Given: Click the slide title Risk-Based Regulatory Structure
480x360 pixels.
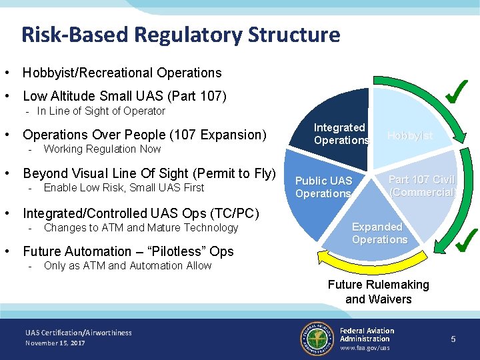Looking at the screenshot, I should tap(181, 34).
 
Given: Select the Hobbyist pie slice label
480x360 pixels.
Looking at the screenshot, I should tap(410, 135).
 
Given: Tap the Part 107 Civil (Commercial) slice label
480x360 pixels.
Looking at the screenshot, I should tap(422, 186).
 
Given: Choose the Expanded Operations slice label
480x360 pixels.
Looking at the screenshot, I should tap(379, 233).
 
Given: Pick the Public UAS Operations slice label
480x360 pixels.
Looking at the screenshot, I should tap(323, 187).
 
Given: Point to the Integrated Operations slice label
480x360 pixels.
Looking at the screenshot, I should tap(341, 134).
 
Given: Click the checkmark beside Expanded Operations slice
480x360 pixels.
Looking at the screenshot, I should tap(465, 241).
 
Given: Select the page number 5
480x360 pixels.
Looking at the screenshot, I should tap(453, 339).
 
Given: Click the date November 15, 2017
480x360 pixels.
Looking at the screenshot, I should tap(55, 343).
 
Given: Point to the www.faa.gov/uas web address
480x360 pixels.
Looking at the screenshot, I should tap(365, 348).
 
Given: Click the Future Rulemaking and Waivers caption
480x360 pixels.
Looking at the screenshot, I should tap(378, 292).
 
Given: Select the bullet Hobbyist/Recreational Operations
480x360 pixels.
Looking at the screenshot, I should tap(122, 73).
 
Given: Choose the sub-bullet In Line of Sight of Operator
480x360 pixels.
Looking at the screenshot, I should tap(101, 111).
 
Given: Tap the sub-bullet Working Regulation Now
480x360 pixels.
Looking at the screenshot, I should tap(102, 149).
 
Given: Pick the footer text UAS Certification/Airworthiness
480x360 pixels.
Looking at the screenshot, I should tap(79, 333).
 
